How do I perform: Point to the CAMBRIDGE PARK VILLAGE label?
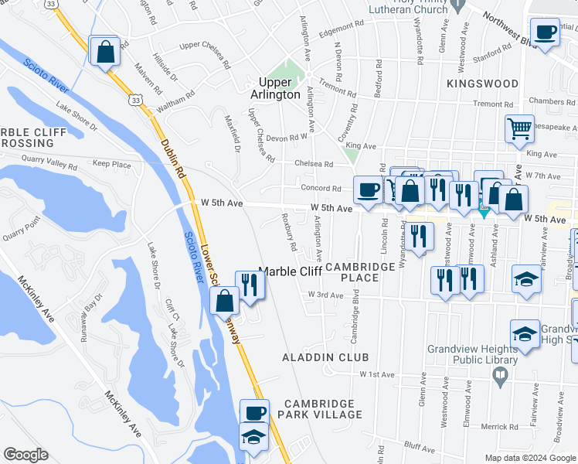(322, 409)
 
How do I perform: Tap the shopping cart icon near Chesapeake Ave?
(519, 129)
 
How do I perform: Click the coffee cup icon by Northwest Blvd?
(545, 33)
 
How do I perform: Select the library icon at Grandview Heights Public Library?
(500, 374)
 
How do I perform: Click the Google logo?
(25, 455)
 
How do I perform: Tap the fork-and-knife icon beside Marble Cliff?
(250, 285)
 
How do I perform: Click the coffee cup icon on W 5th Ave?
(367, 189)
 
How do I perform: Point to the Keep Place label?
(111, 164)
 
